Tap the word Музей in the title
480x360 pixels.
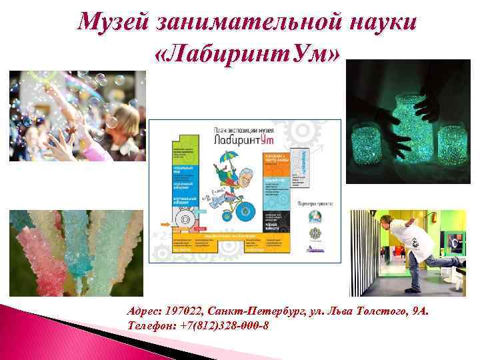coord(115,22)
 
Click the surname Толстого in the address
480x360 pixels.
coord(378,311)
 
